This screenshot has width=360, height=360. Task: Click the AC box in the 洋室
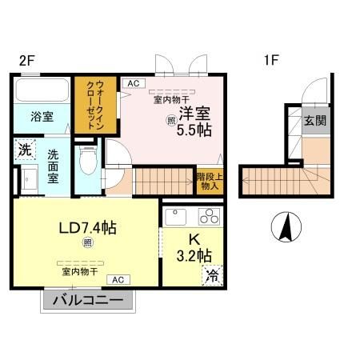point(133,82)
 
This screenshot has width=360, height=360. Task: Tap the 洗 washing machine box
point(24,149)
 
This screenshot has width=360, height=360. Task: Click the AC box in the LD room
point(117,279)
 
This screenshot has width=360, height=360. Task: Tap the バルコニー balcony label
point(88,301)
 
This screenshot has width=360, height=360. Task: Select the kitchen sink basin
point(176,217)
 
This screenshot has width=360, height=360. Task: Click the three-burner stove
point(210,216)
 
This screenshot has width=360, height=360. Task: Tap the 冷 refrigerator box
point(213,276)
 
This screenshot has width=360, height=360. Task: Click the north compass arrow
point(285,230)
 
